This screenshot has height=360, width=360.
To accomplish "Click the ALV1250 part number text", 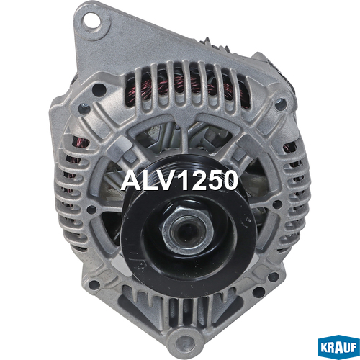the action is tap(179, 180).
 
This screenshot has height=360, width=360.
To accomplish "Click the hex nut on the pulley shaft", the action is tap(188, 228).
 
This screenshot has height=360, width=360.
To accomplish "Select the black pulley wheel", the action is tap(189, 225).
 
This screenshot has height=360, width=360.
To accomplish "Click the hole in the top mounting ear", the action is tap(91, 21).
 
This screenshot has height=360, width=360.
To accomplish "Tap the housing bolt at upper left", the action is tap(84, 109).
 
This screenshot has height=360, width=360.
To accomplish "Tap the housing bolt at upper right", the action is tap(280, 104).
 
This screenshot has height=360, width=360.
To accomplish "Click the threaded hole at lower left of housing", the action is tap(94, 285).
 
